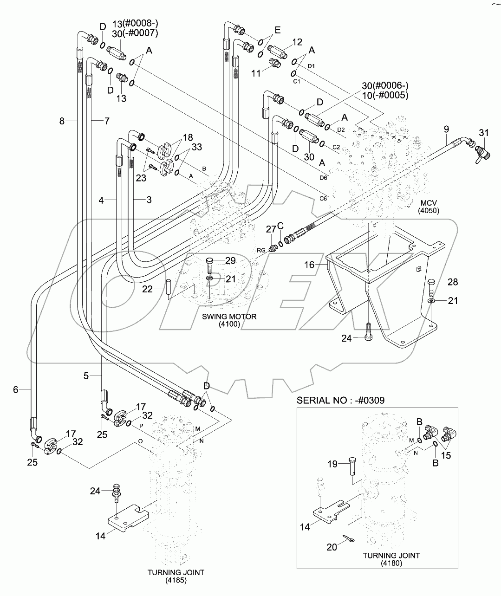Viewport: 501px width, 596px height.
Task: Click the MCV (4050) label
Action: pyautogui.click(x=428, y=207)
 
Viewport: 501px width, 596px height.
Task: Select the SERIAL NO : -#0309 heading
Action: pyautogui.click(x=340, y=400)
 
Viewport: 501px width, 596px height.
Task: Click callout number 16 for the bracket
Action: pyautogui.click(x=309, y=265)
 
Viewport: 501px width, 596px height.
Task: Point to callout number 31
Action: pyautogui.click(x=483, y=133)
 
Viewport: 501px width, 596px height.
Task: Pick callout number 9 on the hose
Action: pyautogui.click(x=446, y=129)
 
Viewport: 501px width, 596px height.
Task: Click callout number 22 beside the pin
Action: pyautogui.click(x=147, y=289)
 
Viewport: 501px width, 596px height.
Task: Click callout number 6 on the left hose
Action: pyautogui.click(x=16, y=390)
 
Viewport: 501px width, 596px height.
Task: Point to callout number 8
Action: pyautogui.click(x=62, y=121)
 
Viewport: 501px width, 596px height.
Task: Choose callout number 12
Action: pyautogui.click(x=297, y=42)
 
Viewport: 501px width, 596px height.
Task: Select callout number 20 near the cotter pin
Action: pyautogui.click(x=332, y=547)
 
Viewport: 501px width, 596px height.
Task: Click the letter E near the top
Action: pyautogui.click(x=278, y=30)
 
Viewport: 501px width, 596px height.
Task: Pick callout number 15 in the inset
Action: pyautogui.click(x=446, y=455)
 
